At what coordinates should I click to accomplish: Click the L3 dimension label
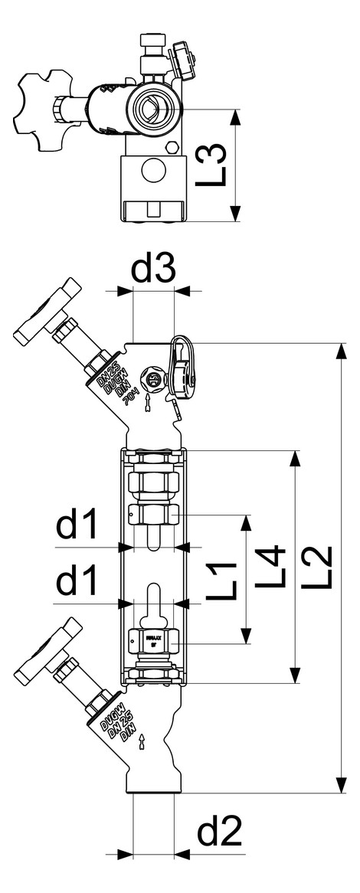(217, 165)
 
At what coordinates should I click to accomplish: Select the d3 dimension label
(153, 270)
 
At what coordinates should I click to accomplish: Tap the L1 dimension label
(223, 579)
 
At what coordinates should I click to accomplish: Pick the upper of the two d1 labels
(77, 527)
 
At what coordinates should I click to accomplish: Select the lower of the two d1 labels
(77, 583)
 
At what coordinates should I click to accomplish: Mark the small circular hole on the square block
(153, 171)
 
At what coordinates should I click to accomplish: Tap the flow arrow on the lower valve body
(142, 741)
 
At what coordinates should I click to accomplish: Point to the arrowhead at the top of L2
(339, 352)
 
